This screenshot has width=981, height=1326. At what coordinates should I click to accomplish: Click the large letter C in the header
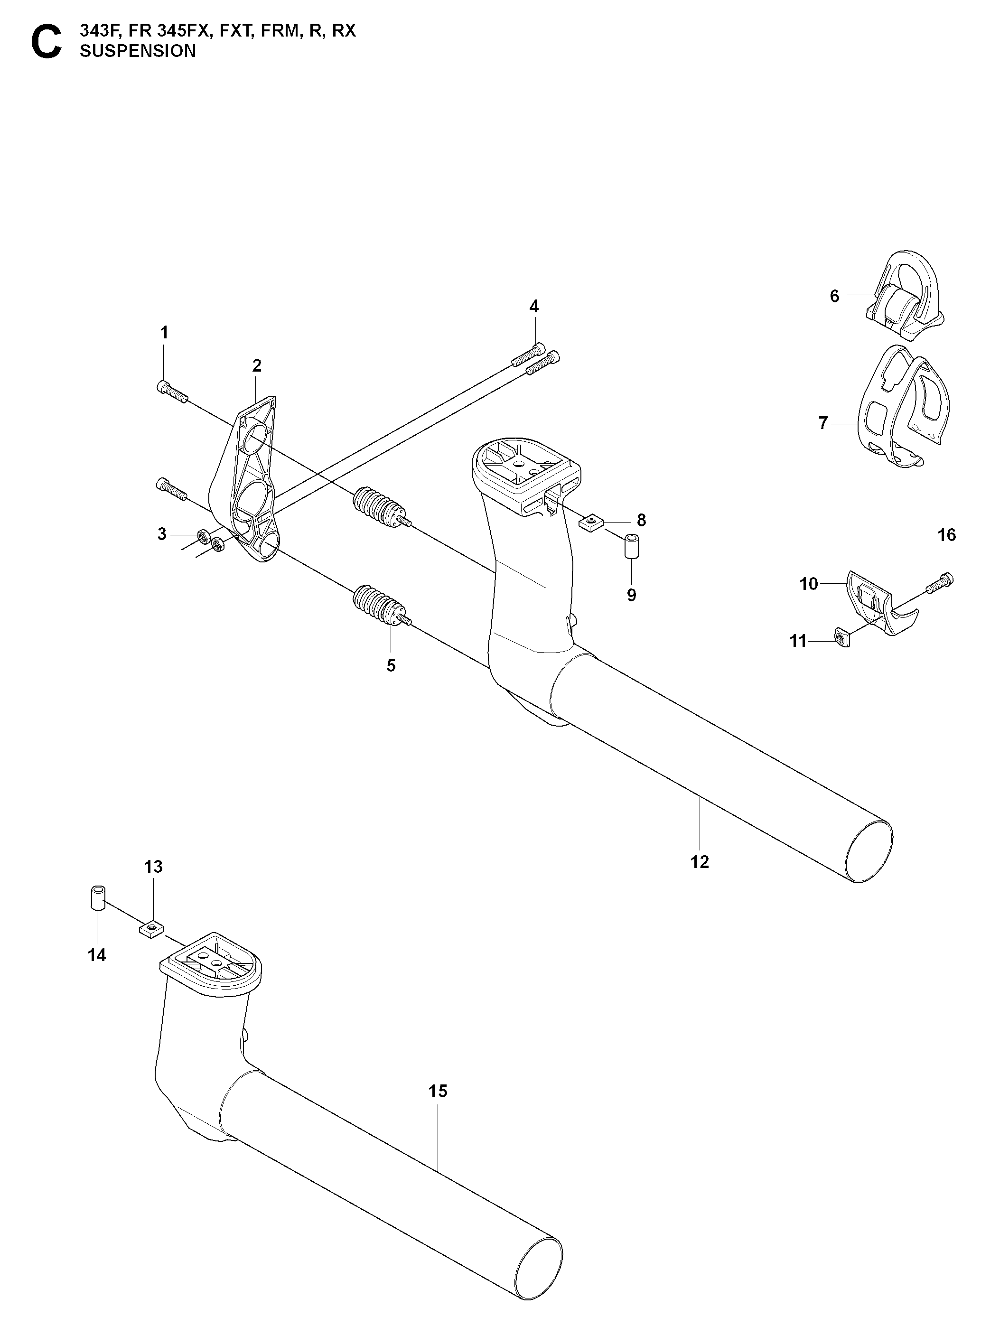46,42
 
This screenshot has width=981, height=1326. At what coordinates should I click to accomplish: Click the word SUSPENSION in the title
138,51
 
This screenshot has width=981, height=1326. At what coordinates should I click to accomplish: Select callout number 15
438,1091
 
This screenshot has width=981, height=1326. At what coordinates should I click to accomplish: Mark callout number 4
534,307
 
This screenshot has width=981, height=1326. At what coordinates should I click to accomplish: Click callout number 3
161,534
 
